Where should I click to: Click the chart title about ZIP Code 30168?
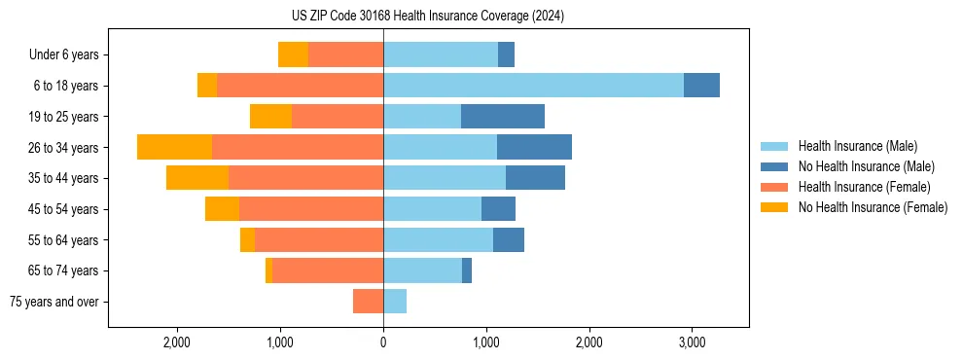click(427, 17)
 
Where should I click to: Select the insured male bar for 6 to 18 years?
click(533, 86)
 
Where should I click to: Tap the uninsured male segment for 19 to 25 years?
click(502, 117)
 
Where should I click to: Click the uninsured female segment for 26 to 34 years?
click(174, 147)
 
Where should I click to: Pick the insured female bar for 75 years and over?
click(368, 302)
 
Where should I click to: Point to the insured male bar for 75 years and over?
click(395, 302)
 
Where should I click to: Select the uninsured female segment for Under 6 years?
click(293, 54)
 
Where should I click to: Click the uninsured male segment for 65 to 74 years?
click(467, 270)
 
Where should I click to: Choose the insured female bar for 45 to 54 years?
click(311, 209)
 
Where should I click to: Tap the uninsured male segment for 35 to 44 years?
click(535, 178)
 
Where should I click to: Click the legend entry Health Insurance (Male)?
click(857, 146)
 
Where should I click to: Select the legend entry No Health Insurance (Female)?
click(873, 207)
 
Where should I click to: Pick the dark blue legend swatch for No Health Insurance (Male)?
click(774, 166)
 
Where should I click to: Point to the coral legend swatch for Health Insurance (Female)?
click(774, 187)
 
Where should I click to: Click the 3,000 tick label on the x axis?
click(692, 343)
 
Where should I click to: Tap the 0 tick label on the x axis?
click(383, 343)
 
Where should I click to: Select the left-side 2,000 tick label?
click(177, 343)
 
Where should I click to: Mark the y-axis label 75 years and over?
click(54, 302)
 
